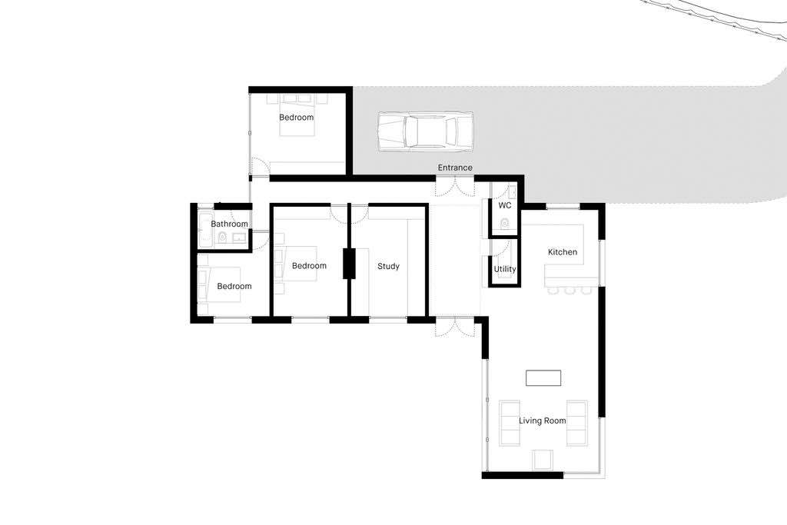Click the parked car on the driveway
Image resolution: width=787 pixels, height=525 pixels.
click(x=425, y=131)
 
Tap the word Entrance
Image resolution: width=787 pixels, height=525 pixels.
click(x=455, y=168)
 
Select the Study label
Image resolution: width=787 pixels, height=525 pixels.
click(x=388, y=266)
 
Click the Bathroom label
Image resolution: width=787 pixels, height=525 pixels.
click(x=229, y=224)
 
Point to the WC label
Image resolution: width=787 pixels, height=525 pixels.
click(x=505, y=205)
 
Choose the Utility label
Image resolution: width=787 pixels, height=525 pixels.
click(x=505, y=269)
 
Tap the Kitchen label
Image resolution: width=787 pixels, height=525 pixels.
click(x=563, y=252)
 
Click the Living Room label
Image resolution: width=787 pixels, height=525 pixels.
click(x=543, y=420)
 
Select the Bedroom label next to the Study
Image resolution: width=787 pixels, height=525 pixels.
click(x=309, y=265)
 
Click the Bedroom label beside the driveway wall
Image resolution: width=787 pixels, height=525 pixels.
click(x=296, y=118)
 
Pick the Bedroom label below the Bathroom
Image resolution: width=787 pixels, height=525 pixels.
click(x=234, y=286)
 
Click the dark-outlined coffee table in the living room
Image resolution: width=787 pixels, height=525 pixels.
click(x=543, y=378)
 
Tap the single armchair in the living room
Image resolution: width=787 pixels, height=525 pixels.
click(x=543, y=459)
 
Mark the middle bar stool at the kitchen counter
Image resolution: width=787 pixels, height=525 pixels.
click(x=569, y=290)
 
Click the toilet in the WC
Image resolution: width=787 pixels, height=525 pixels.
click(x=504, y=223)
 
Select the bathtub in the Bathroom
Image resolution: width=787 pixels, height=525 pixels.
click(x=205, y=231)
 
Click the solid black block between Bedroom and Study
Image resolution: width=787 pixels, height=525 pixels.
click(x=349, y=264)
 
